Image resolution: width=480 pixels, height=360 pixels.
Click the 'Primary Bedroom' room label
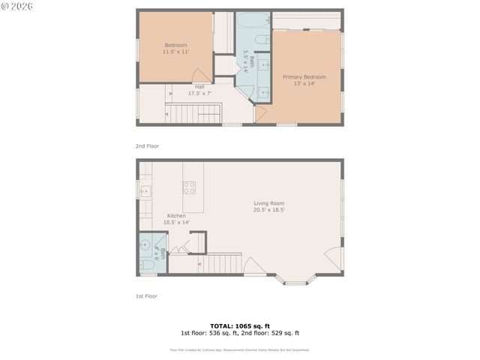[x=304, y=76]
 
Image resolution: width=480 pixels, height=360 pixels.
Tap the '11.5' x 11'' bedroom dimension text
[x=175, y=52]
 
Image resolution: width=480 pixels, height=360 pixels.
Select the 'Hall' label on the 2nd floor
[x=199, y=86]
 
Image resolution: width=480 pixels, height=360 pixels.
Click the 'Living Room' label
[x=268, y=202]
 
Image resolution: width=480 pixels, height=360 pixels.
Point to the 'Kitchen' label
[x=176, y=216]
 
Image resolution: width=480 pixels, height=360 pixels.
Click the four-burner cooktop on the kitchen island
[x=190, y=187]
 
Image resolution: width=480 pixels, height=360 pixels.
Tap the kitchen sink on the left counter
[x=144, y=191]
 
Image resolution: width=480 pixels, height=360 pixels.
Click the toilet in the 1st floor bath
[x=147, y=264]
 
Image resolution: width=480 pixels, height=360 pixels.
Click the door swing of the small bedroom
[x=201, y=76]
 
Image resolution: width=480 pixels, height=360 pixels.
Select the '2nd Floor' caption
[x=147, y=146]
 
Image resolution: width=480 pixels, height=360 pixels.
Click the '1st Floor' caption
[x=146, y=296]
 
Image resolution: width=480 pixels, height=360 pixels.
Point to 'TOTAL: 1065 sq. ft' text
[x=239, y=325]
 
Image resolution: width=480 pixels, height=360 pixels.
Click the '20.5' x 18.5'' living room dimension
[x=268, y=210]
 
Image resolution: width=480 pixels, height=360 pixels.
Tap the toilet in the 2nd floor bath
[x=259, y=40]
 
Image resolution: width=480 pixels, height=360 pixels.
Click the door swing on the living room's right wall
[x=334, y=258]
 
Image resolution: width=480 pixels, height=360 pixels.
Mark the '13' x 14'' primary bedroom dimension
[x=304, y=83]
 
